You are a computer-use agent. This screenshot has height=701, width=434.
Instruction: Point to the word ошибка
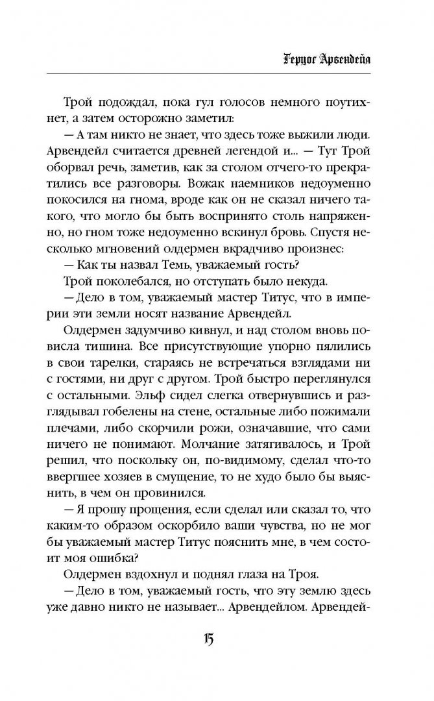pyautogui.click(x=144, y=556)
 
